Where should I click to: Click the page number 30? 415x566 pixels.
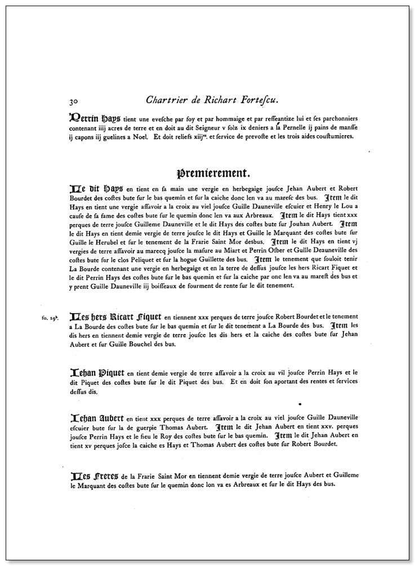73,102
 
